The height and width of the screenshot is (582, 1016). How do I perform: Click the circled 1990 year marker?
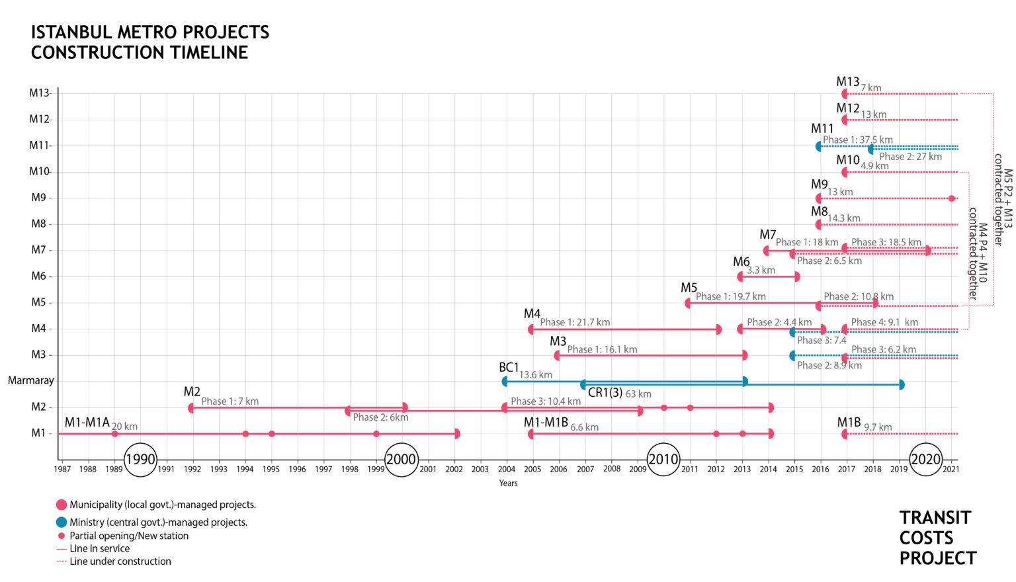click(140, 459)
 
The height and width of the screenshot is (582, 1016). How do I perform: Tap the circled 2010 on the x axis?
click(663, 459)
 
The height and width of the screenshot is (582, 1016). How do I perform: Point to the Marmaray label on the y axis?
click(30, 381)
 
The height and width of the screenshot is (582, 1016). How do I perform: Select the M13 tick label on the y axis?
click(39, 93)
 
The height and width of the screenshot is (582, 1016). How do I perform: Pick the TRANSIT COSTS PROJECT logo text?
click(937, 538)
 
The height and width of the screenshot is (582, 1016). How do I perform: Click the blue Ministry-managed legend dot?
click(62, 522)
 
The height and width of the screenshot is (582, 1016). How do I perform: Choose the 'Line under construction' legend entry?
click(120, 561)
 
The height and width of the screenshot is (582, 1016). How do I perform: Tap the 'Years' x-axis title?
click(508, 483)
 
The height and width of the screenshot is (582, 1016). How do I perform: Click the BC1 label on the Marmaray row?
click(509, 368)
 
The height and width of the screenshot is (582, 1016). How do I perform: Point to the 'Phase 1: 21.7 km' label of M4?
click(575, 323)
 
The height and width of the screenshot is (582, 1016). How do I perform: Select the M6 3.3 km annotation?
click(761, 270)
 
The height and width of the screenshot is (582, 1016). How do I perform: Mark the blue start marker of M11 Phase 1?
click(818, 146)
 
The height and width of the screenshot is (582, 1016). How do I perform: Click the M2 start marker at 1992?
click(191, 408)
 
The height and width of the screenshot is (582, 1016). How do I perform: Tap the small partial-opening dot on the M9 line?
click(952, 198)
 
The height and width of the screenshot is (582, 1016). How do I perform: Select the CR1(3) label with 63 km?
click(619, 393)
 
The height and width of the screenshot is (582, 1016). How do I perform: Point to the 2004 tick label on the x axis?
click(507, 470)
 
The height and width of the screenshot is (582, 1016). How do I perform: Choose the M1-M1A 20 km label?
click(101, 424)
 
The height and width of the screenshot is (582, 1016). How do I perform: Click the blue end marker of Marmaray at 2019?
click(901, 385)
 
